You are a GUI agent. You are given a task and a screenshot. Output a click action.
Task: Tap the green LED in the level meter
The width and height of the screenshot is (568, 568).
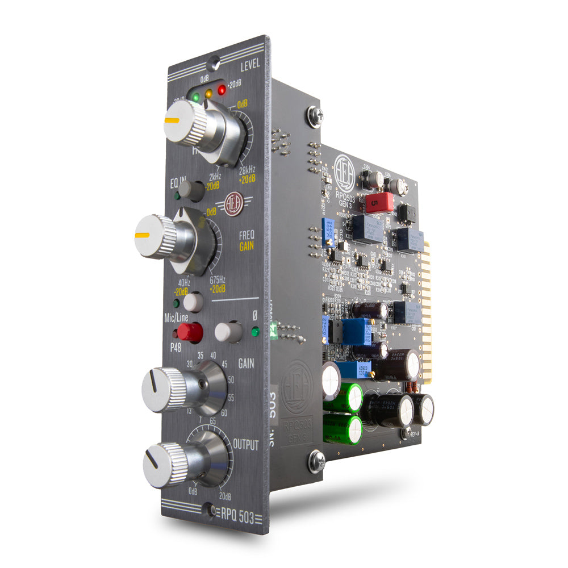(x=195, y=97)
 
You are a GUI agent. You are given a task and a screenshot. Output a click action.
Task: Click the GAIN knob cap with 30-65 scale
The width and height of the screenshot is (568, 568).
(x=164, y=389)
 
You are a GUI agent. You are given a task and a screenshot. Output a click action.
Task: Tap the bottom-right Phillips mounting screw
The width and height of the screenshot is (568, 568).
(x=316, y=461)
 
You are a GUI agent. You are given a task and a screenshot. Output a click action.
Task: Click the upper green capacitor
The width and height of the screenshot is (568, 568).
(x=344, y=396)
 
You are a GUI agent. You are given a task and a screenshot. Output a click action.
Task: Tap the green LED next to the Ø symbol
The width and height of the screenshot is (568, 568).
(x=255, y=331)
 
